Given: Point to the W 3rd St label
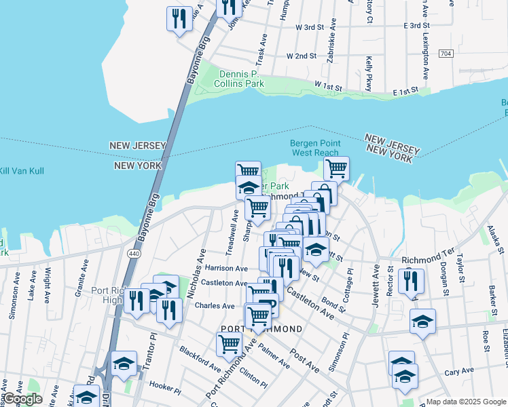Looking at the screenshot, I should (x=310, y=27).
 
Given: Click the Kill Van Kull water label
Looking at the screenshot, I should (x=22, y=171).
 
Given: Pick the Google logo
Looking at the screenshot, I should (x=22, y=399).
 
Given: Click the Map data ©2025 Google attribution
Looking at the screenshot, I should (x=466, y=402).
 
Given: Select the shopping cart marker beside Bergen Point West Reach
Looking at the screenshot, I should (x=336, y=168).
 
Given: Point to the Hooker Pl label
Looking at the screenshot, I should (x=165, y=390).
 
